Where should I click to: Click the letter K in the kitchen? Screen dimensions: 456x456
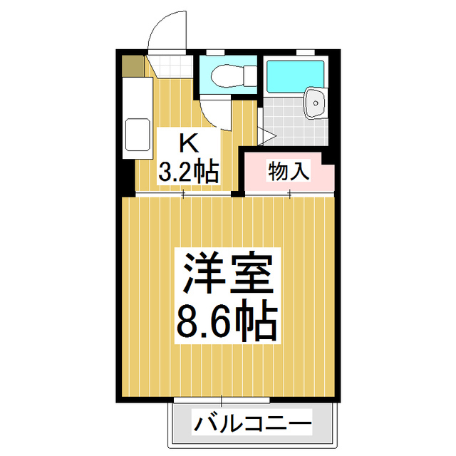(187, 143)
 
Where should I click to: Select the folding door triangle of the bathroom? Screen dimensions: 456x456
(266, 135)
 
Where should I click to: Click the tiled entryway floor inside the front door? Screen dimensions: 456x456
(170, 66)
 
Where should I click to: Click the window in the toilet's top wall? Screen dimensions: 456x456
(214, 51)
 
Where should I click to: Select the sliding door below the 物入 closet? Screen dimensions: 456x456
(289, 194)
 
